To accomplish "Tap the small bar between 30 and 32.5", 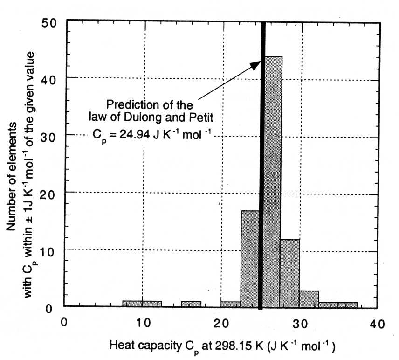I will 309,299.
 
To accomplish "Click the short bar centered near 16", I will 191,304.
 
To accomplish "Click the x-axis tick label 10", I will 144,322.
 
